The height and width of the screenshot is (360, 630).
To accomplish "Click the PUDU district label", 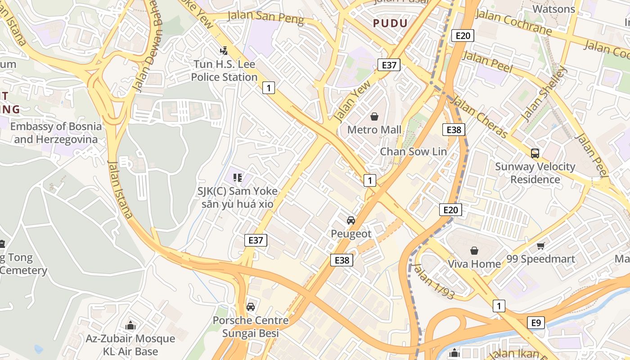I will (390, 23).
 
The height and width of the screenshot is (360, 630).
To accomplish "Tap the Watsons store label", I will (553, 9).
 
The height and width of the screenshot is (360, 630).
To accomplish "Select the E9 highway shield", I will (535, 323).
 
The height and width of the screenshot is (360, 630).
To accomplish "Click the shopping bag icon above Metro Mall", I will (374, 117).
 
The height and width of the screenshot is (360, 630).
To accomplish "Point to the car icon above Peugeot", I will (351, 220).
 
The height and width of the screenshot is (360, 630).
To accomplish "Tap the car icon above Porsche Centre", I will (251, 307).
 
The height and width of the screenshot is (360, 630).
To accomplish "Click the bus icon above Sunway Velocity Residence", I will (535, 153).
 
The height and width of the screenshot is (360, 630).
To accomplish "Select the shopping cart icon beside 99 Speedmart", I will (541, 246).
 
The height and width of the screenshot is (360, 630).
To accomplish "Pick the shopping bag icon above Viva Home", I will (474, 251).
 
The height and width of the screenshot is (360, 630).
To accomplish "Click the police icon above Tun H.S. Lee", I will (224, 51).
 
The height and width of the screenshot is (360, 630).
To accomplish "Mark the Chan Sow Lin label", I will (414, 151).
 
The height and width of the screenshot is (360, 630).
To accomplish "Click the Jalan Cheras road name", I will (480, 118).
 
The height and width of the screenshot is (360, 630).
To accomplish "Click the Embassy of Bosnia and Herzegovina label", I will (56, 133).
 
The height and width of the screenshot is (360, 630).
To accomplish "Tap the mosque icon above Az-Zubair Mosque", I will (130, 325).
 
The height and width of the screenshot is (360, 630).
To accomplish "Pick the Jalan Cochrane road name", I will (514, 22).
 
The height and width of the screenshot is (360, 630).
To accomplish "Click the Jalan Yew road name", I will (351, 101).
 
